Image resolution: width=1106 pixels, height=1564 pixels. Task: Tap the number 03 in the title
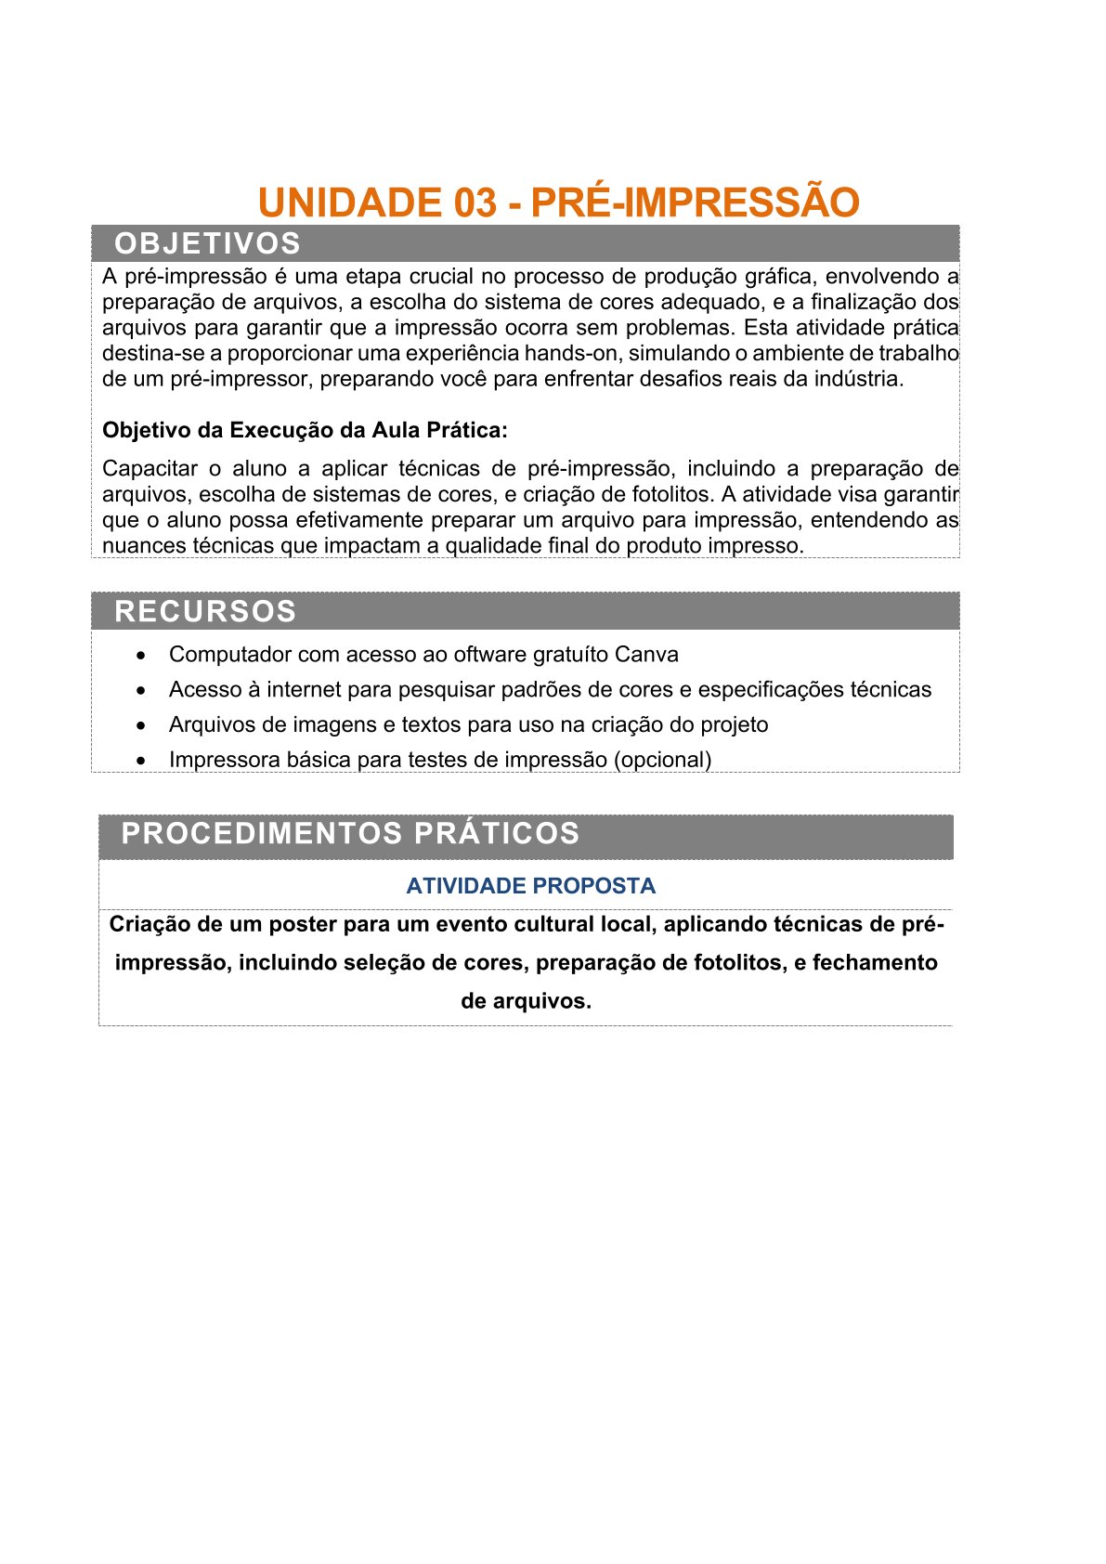point(475,202)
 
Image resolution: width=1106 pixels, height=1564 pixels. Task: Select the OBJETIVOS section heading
point(207,243)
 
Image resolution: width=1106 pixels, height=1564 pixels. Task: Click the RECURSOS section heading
point(205,611)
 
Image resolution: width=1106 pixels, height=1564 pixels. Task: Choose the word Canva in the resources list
point(646,655)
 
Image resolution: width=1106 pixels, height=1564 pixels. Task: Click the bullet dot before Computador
point(140,656)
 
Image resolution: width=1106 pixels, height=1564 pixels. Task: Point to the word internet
point(305,690)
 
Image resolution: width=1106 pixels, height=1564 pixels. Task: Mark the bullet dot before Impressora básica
point(140,761)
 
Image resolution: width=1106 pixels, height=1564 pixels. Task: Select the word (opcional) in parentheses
point(662,760)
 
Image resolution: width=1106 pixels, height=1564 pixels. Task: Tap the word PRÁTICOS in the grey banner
point(497,833)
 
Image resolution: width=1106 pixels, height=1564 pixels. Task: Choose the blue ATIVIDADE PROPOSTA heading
point(530,886)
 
